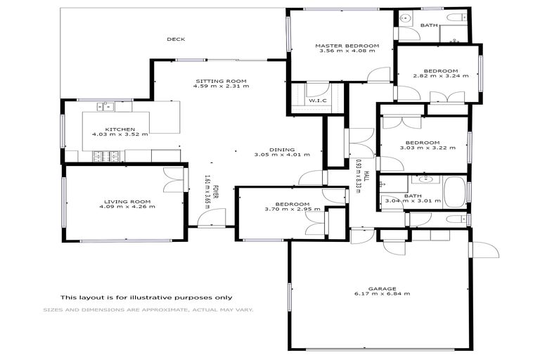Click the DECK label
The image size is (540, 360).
click(174, 39)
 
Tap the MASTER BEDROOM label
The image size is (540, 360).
click(347, 46)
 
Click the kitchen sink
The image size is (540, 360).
click(106, 107)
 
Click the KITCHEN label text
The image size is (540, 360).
click(115, 129)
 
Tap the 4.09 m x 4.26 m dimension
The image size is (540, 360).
click(127, 207)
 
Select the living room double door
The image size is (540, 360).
click(173, 179)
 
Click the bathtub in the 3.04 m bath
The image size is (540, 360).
click(454, 192)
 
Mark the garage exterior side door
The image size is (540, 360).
click(484, 250)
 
